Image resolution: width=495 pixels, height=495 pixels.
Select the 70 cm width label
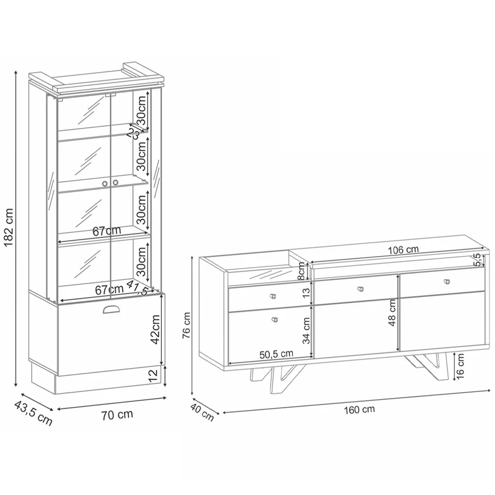pos(117,415)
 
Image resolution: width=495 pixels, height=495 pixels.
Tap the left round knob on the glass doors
pos(105,184)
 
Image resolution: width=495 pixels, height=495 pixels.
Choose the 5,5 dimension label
pos(476,259)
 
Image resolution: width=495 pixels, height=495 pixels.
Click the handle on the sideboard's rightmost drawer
pos(448,282)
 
